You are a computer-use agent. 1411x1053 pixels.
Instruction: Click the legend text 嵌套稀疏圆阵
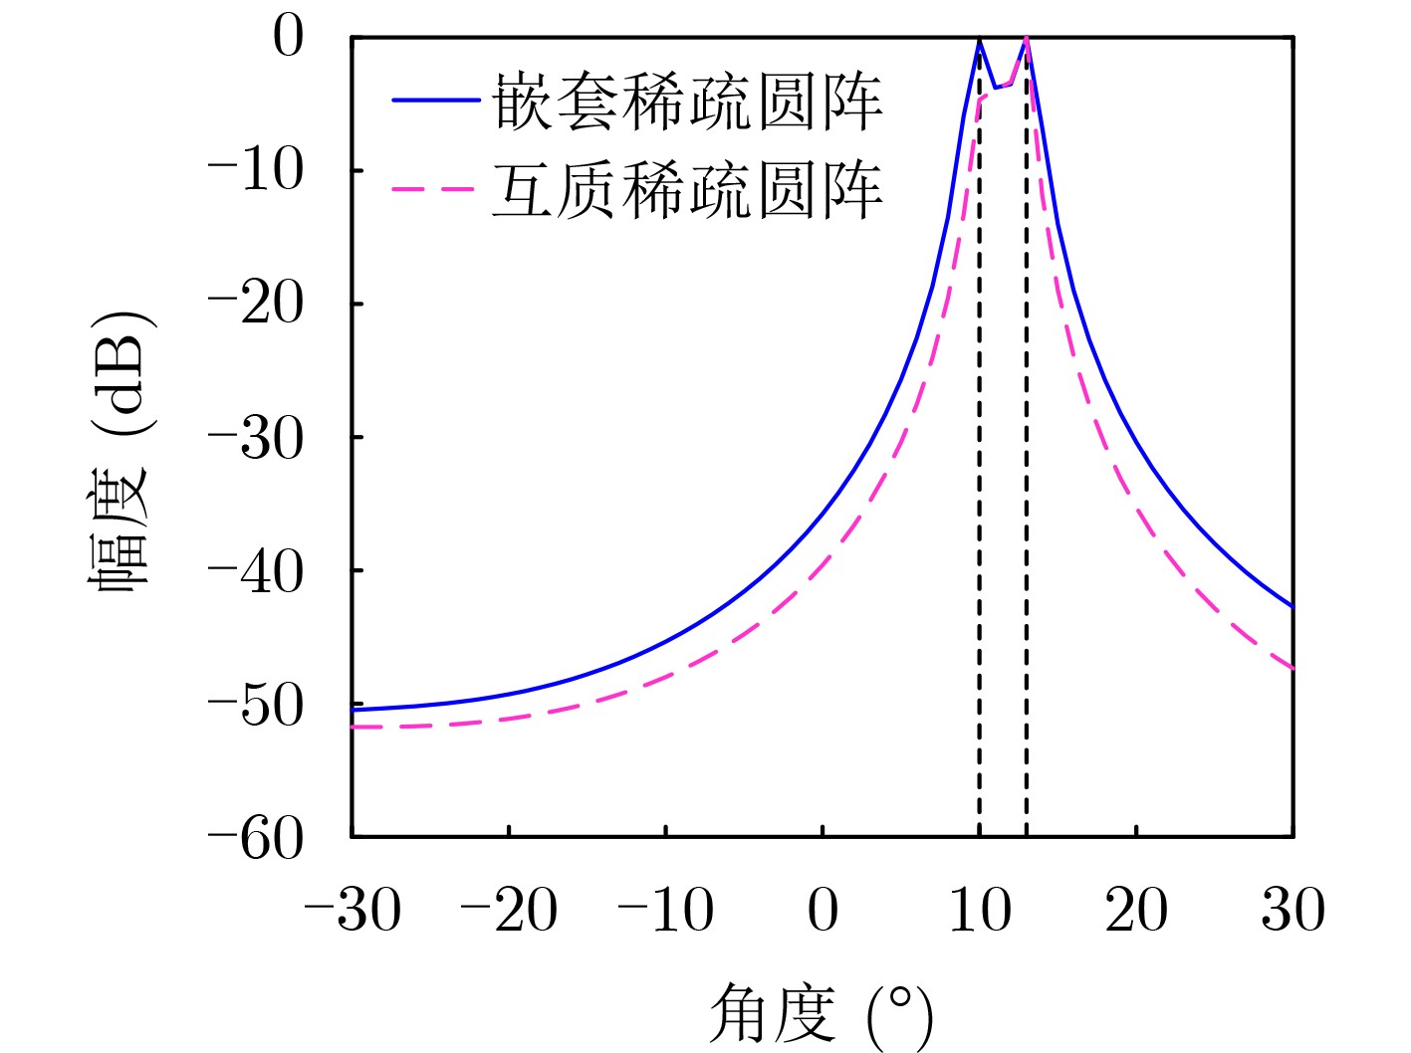coord(687,102)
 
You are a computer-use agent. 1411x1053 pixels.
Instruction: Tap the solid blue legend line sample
coord(435,100)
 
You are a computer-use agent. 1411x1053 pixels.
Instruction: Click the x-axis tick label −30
coord(352,910)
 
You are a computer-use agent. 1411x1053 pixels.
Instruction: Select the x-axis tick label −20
coord(509,910)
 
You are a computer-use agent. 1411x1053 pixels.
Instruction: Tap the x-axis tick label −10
coord(665,910)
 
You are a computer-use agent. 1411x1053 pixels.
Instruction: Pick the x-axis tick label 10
coord(980,910)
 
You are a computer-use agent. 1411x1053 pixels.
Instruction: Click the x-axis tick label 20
coord(1136,910)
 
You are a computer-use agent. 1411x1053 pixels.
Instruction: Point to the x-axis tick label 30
coord(1293,910)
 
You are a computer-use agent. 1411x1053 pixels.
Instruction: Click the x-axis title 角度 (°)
coord(822,1015)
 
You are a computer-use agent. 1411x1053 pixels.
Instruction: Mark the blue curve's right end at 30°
coord(1293,605)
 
